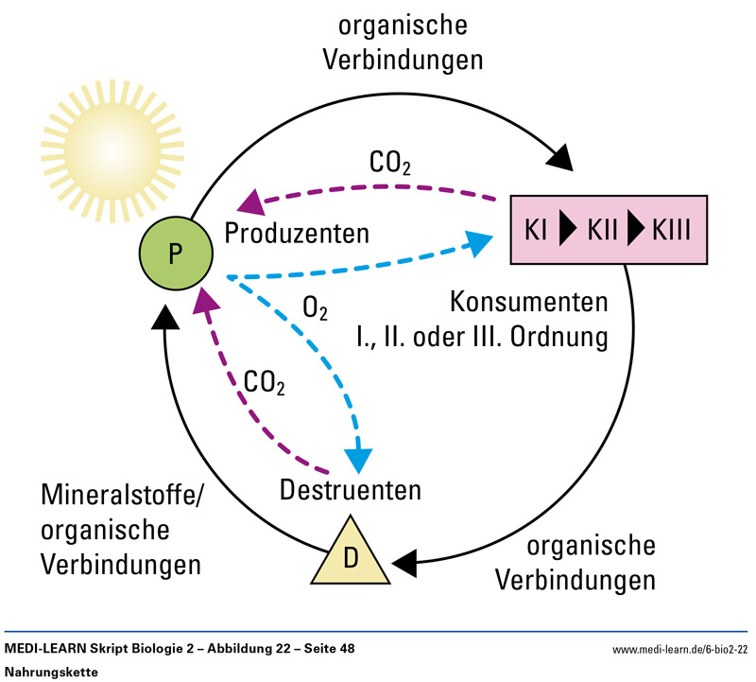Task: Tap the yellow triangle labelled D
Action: pyautogui.click(x=350, y=555)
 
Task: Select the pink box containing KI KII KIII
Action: pyautogui.click(x=608, y=229)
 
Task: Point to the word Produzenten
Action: pyautogui.click(x=296, y=232)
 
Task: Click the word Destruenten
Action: pyautogui.click(x=350, y=491)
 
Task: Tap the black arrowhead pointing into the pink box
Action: pyautogui.click(x=559, y=154)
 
